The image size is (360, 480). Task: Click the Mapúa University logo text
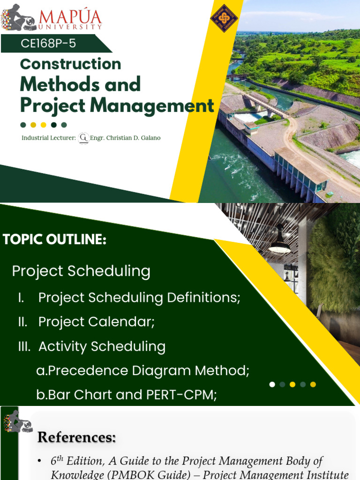point(70,20)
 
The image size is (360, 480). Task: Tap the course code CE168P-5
point(48,44)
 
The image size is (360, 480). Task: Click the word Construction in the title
point(71,64)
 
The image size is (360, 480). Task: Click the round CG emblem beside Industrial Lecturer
point(84,138)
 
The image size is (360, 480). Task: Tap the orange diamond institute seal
point(224,18)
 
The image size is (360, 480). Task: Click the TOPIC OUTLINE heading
point(54,240)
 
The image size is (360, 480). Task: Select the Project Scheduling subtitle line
point(81,271)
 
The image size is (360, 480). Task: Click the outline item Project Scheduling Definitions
point(139,298)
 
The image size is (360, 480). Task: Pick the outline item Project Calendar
point(97,322)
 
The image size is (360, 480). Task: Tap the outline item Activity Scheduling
point(102,346)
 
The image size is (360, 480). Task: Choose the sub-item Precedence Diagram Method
point(142,371)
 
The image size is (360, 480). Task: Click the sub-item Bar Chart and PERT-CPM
point(127,395)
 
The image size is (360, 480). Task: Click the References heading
point(76,437)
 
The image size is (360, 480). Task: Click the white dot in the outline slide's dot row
point(272,384)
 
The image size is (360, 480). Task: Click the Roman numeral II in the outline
point(22,322)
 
